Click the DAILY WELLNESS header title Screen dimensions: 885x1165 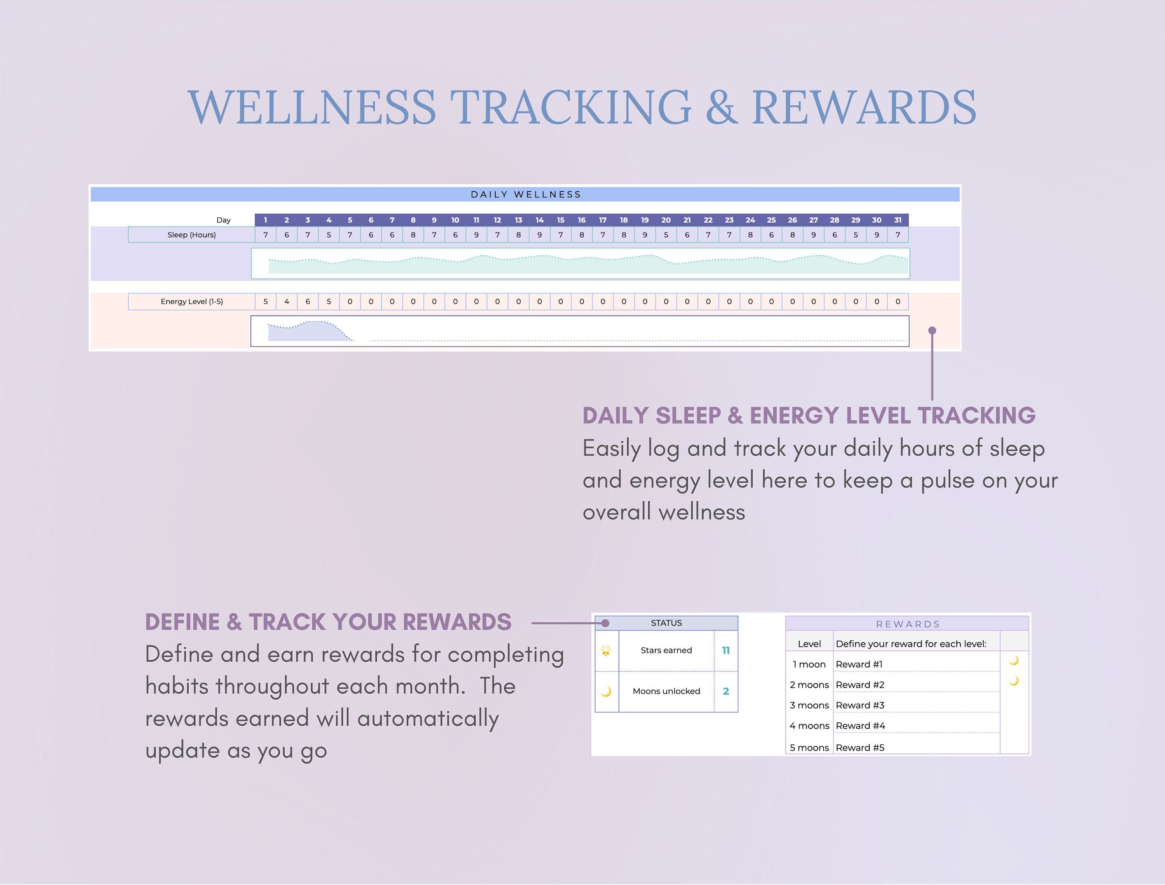pos(526,194)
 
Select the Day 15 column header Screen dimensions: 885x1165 pos(560,220)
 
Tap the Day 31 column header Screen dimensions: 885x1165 pos(897,220)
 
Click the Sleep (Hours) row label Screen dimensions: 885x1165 pos(192,235)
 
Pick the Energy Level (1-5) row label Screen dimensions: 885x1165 pos(192,302)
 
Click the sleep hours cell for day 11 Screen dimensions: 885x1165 pos(476,235)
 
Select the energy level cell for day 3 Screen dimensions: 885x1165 pos(308,302)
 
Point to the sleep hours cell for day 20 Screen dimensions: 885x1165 pos(666,235)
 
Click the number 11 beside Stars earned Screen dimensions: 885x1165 pos(726,651)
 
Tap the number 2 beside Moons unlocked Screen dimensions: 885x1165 pos(726,692)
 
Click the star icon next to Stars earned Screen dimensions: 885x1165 pos(606,651)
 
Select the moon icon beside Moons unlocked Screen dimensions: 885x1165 pos(606,692)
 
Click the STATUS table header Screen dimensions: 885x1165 pos(666,623)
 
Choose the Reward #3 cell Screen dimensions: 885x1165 pos(860,706)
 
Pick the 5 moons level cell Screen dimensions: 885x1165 pos(809,747)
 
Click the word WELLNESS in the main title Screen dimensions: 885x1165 pos(312,108)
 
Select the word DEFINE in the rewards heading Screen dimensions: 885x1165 pos(182,622)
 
